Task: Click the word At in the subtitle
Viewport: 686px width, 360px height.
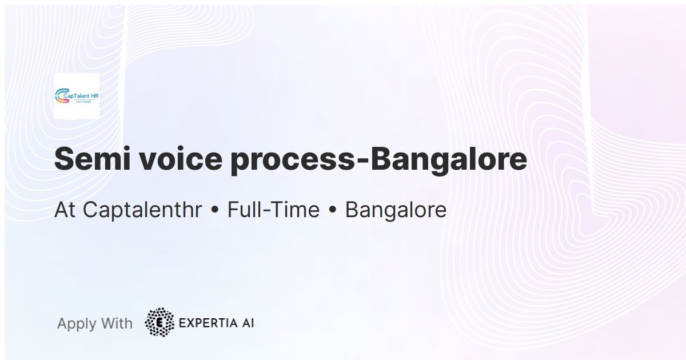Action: tap(65, 210)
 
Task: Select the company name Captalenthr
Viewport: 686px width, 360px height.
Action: tap(142, 210)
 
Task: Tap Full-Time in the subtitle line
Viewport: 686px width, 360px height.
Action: tap(273, 210)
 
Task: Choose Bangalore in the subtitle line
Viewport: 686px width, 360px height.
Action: tap(396, 210)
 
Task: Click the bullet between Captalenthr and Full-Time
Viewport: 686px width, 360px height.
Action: tap(215, 211)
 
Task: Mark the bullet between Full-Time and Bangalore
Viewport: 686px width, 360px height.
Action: tap(332, 211)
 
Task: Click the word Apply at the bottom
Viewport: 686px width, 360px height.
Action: tap(77, 324)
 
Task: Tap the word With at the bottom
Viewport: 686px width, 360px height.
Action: tap(117, 323)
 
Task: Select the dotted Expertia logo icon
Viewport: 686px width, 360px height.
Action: tap(159, 322)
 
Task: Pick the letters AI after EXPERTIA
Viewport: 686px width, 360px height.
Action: tap(248, 323)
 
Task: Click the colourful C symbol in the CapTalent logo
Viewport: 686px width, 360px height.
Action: tap(60, 97)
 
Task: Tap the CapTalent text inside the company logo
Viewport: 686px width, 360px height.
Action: tap(77, 95)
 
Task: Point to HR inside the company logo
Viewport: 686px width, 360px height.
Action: tap(94, 95)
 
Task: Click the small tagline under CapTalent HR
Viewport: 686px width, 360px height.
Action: tap(83, 101)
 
